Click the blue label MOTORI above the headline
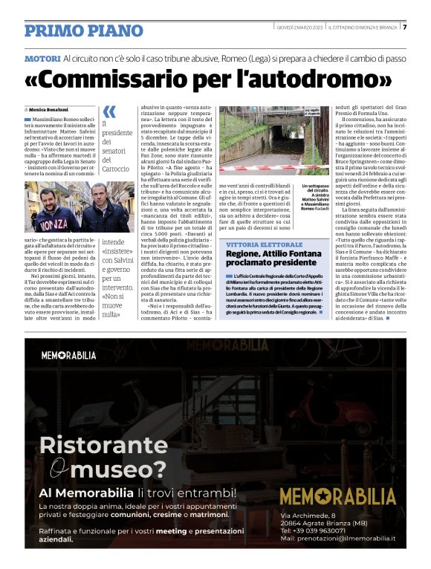coord(42,57)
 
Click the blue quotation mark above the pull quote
coord(108,112)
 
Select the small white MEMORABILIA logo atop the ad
coord(68,356)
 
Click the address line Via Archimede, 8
coord(308,515)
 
